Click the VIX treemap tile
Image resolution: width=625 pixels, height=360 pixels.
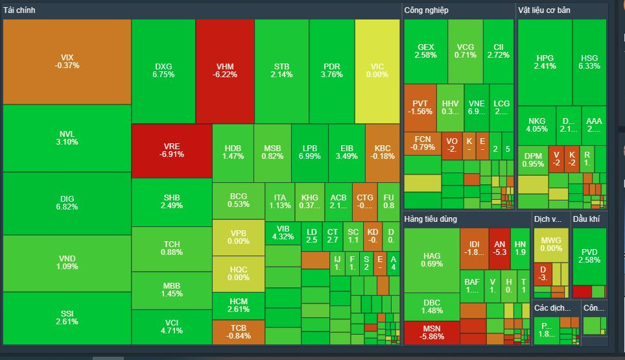pyautogui.click(x=67, y=62)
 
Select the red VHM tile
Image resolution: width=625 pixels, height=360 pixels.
pyautogui.click(x=225, y=70)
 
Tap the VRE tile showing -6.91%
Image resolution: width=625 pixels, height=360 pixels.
pyautogui.click(x=172, y=150)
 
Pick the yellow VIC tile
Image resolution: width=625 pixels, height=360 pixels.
pyautogui.click(x=377, y=70)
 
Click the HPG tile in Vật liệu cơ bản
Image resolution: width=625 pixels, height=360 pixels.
pyautogui.click(x=545, y=62)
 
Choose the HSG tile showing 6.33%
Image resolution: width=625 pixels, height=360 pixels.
pyautogui.click(x=589, y=62)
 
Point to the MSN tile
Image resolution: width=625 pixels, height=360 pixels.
pyautogui.click(x=431, y=333)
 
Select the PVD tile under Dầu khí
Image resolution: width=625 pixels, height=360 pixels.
pyautogui.click(x=589, y=256)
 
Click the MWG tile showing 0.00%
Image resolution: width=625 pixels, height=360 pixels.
pyautogui.click(x=551, y=245)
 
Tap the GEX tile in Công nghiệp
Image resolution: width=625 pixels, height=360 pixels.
pyautogui.click(x=425, y=51)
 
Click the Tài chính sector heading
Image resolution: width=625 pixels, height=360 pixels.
pyautogui.click(x=19, y=10)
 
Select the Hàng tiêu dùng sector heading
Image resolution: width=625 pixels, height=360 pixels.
pyautogui.click(x=430, y=219)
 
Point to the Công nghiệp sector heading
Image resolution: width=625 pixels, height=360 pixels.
pyautogui.click(x=426, y=10)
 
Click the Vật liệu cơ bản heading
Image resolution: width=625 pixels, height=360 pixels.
pyautogui.click(x=544, y=10)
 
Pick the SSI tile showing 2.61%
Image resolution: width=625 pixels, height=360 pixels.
pyautogui.click(x=67, y=318)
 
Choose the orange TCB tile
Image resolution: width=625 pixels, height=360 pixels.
pyautogui.click(x=239, y=332)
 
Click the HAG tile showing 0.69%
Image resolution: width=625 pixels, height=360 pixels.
pyautogui.click(x=432, y=260)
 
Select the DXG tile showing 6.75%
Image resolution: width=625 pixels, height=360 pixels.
pyautogui.click(x=163, y=70)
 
